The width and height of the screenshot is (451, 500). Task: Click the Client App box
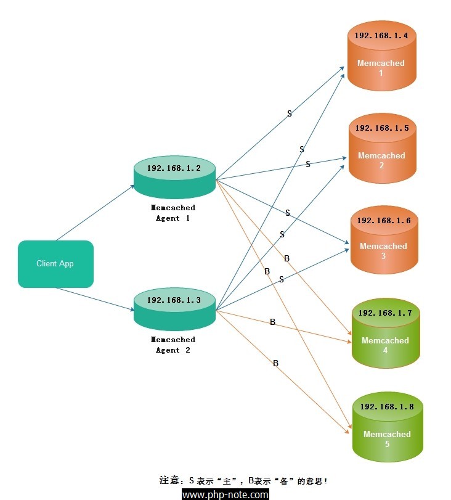pyautogui.click(x=56, y=264)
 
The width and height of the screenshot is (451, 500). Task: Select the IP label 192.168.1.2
pyautogui.click(x=174, y=168)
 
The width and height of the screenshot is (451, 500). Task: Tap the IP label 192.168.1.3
pyautogui.click(x=174, y=300)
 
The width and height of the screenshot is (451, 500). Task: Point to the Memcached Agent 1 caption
pyautogui.click(x=173, y=213)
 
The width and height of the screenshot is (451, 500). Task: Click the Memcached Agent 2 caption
pyautogui.click(x=173, y=345)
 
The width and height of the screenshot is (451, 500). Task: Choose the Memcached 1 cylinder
pyautogui.click(x=382, y=56)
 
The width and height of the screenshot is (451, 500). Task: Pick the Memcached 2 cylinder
pyautogui.click(x=383, y=149)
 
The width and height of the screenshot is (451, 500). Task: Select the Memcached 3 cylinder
pyautogui.click(x=384, y=240)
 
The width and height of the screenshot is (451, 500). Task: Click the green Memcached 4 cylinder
pyautogui.click(x=386, y=333)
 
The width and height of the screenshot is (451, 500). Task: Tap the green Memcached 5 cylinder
pyautogui.click(x=388, y=427)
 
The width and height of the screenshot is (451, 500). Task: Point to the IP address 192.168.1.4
pyautogui.click(x=381, y=35)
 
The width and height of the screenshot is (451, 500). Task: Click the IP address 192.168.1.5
pyautogui.click(x=382, y=128)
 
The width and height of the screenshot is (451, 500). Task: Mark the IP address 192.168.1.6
pyautogui.click(x=384, y=220)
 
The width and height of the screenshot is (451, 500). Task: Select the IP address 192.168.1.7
pyautogui.click(x=385, y=313)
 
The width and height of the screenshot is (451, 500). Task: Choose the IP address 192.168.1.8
pyautogui.click(x=388, y=406)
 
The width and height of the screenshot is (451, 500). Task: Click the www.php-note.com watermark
pyautogui.click(x=225, y=494)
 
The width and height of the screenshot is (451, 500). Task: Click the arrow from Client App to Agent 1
pyautogui.click(x=95, y=213)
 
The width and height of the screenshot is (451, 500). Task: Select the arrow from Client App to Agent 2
pyautogui.click(x=95, y=299)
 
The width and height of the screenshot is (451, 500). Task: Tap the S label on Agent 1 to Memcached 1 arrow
pyautogui.click(x=290, y=113)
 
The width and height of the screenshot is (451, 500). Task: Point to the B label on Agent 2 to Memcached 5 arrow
pyautogui.click(x=275, y=363)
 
